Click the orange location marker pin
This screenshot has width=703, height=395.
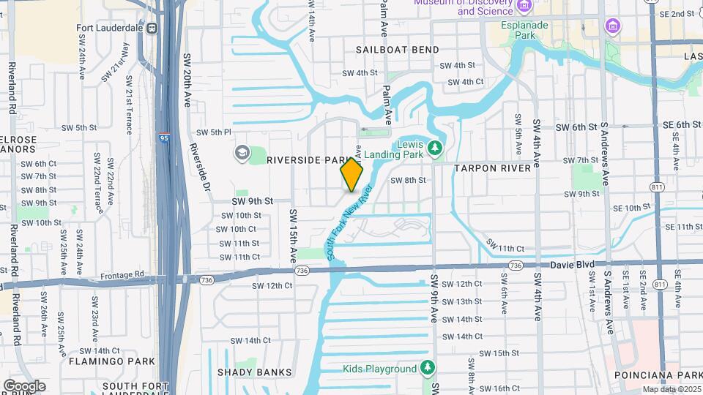pos(351,175)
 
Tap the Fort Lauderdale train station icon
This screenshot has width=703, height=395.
pos(152,29)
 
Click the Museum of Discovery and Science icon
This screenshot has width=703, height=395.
pos(523,6)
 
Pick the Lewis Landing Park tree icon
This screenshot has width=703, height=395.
pos(435,148)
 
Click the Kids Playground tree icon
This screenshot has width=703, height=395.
pos(428,368)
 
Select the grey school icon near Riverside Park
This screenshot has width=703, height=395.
pos(242,152)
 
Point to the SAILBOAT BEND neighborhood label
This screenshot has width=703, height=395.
pos(398,50)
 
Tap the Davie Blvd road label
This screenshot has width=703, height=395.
pos(574,263)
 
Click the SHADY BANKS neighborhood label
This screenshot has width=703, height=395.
pos(254,372)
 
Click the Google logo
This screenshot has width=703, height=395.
pos(24,385)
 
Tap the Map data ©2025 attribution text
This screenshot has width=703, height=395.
pos(672,389)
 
